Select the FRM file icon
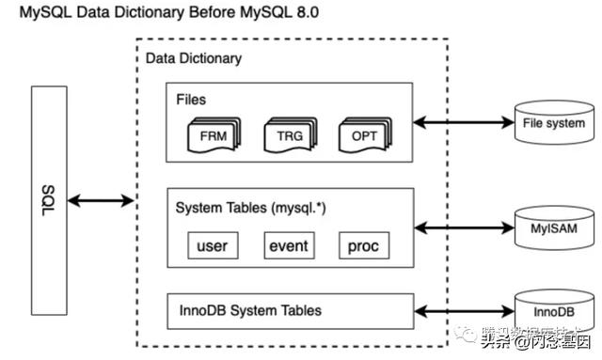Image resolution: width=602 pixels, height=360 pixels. pos(214,135)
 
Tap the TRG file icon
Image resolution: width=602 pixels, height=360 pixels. pos(290,135)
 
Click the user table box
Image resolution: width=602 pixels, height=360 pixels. pos(213,246)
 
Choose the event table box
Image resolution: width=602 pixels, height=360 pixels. pos(288,246)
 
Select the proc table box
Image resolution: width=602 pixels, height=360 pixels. pos(363,246)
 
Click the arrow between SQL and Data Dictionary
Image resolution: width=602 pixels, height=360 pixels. pos(101,199)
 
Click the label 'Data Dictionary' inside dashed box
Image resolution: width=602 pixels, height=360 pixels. pos(193,58)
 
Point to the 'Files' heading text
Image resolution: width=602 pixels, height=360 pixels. pos(191,97)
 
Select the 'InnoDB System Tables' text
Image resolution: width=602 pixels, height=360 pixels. pos(250,310)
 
